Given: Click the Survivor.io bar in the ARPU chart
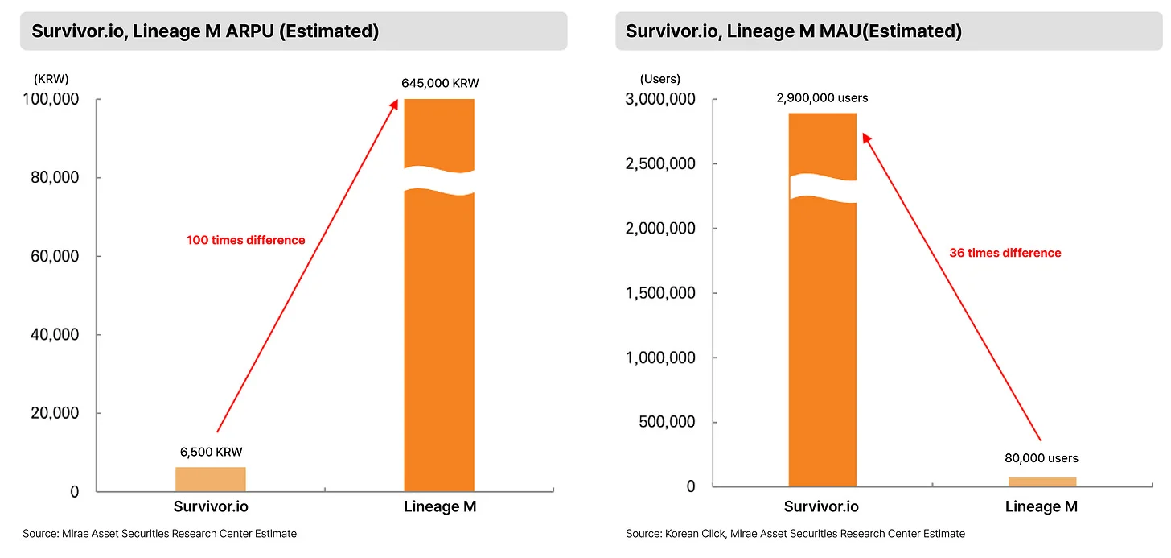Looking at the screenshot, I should click(x=210, y=478).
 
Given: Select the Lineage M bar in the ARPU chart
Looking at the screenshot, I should click(x=438, y=338).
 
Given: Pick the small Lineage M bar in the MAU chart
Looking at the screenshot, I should click(x=1042, y=482).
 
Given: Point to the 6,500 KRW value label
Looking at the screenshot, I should click(x=211, y=452).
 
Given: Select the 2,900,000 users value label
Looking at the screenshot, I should click(x=822, y=98).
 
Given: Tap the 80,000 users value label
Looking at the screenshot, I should click(x=1042, y=458).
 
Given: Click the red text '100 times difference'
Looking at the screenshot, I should click(x=246, y=240).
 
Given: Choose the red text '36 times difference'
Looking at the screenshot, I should click(x=1005, y=253).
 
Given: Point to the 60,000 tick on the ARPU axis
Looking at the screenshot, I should click(x=49, y=256).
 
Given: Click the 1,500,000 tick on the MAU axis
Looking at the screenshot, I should click(x=660, y=293).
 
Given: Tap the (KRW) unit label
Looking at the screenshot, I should click(x=51, y=80).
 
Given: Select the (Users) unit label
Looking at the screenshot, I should click(x=659, y=79).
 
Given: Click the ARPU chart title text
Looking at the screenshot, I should click(x=205, y=31).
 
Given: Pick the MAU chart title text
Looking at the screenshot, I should click(x=793, y=31).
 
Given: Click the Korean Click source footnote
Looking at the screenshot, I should click(x=795, y=533).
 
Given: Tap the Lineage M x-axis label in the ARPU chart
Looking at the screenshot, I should click(x=439, y=507).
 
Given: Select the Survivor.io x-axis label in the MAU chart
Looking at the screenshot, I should click(x=821, y=507).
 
